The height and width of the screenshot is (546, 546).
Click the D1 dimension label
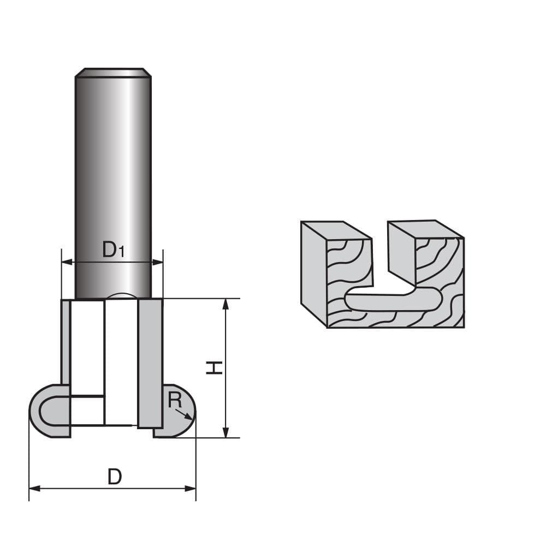point(114,250)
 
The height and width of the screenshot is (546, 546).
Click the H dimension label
point(214,367)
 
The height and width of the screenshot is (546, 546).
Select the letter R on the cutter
point(174,400)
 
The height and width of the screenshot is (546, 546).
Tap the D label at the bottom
point(114,477)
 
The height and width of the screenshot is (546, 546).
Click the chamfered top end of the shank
point(113,73)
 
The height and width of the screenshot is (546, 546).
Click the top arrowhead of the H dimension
point(225,304)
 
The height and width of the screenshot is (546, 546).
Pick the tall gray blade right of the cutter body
point(150,363)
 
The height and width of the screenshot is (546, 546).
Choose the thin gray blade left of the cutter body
point(66,341)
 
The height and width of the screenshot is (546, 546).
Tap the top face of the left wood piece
point(335,231)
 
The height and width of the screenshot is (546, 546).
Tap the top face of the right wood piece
point(425,229)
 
